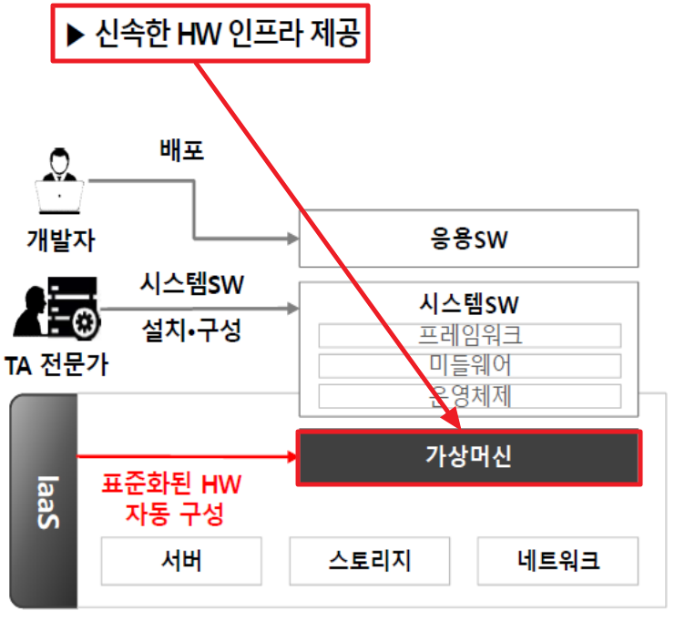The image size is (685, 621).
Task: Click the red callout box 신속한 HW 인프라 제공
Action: [210, 36]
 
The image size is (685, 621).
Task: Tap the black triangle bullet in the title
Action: [75, 36]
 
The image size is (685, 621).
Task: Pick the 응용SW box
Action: [469, 239]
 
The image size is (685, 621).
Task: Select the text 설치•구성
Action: [192, 329]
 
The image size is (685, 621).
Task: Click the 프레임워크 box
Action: [469, 334]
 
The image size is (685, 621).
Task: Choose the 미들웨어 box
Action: [469, 365]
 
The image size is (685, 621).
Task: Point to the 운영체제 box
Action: [469, 396]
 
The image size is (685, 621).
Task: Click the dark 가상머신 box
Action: [469, 456]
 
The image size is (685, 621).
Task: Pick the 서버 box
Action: [180, 560]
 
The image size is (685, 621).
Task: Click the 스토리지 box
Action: [370, 560]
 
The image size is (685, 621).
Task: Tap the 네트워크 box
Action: [557, 560]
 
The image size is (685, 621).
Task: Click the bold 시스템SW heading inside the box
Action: [469, 303]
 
